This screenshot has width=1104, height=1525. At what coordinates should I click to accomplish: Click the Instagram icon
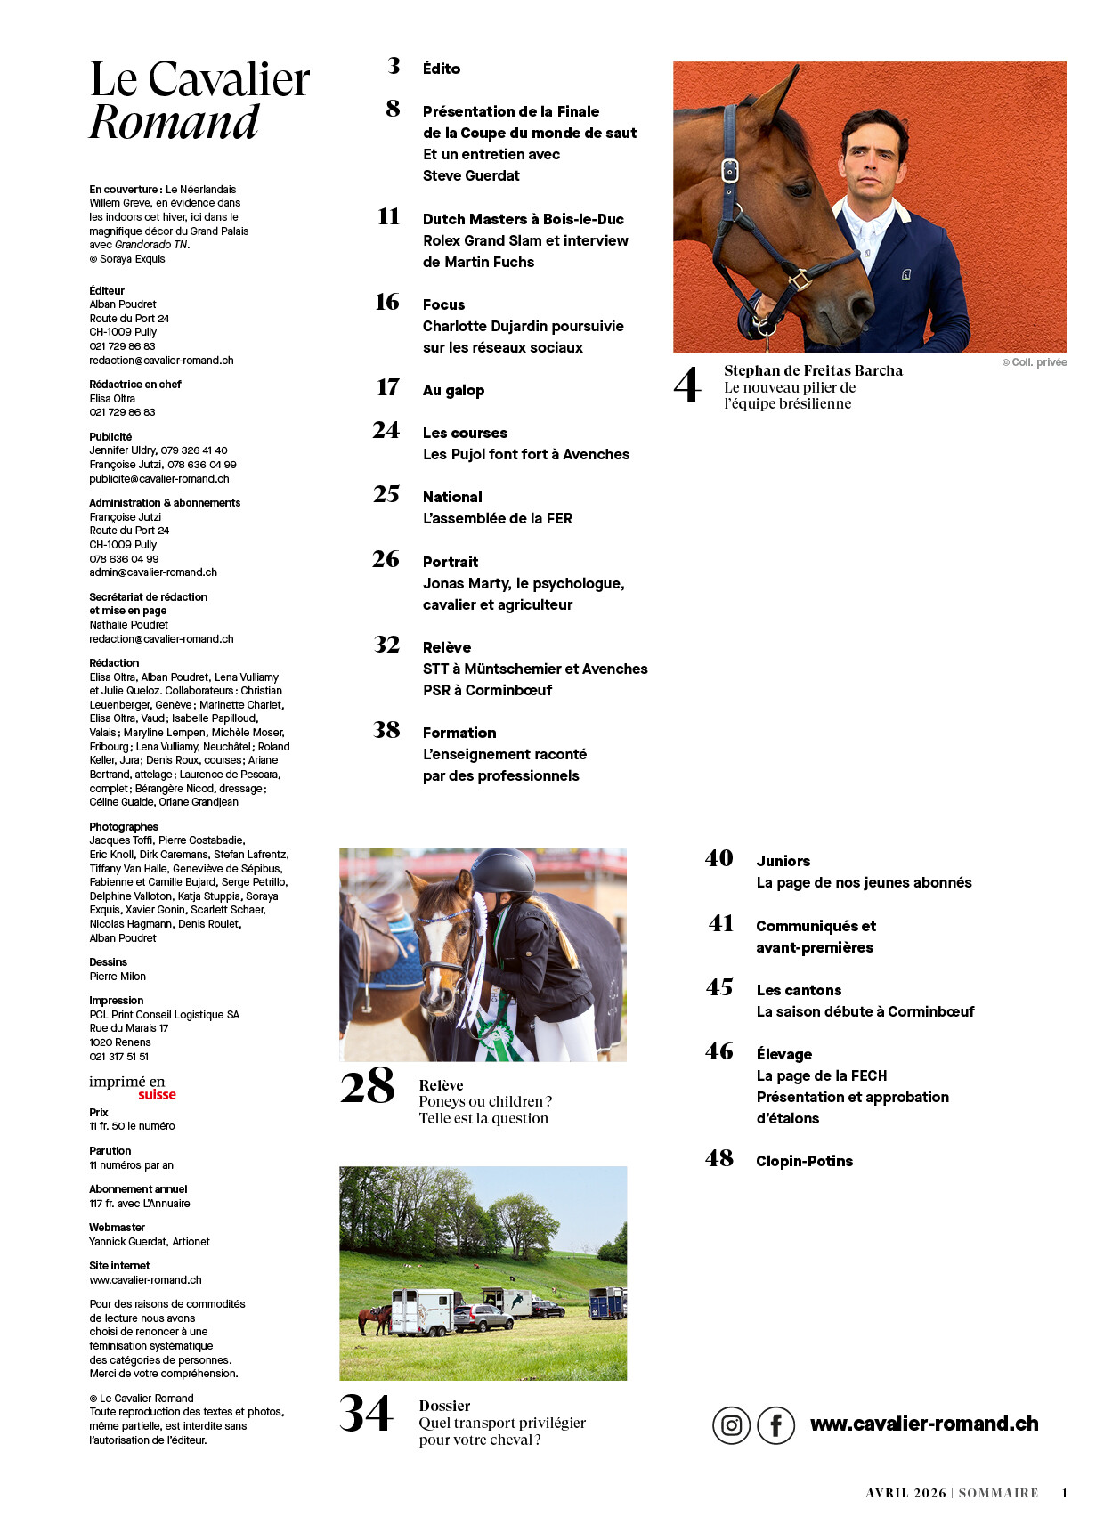731,1425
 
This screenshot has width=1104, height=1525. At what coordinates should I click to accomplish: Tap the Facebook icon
775,1425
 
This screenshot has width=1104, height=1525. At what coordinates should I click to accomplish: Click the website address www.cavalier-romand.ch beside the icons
923,1424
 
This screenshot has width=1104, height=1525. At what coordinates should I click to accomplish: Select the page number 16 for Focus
387,303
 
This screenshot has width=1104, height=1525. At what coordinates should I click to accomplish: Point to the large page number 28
367,1087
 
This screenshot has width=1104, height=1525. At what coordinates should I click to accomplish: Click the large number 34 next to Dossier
366,1414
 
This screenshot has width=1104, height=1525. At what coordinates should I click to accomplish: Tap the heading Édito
442,69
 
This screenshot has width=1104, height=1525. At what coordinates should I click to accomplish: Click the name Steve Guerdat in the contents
471,175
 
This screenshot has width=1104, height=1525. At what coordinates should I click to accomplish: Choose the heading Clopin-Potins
804,1161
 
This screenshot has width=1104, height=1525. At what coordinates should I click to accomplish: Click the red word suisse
157,1095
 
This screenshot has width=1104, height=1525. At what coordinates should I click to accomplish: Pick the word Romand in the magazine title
175,122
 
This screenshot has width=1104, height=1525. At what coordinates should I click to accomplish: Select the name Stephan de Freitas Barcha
813,370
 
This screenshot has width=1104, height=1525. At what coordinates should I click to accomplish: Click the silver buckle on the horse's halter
730,170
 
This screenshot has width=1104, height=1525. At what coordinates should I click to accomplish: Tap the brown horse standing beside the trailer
374,1317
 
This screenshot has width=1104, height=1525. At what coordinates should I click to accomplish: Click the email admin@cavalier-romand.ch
153,572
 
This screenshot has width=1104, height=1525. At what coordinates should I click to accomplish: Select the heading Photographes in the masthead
124,827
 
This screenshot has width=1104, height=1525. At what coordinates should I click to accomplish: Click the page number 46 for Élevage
719,1052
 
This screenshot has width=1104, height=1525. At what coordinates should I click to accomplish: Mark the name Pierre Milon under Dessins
118,977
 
